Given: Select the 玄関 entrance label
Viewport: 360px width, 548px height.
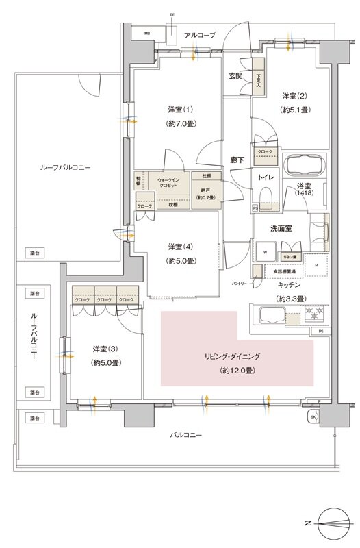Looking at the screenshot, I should pyautogui.click(x=236, y=76).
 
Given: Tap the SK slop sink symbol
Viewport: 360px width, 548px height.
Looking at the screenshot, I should pyautogui.click(x=313, y=416).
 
